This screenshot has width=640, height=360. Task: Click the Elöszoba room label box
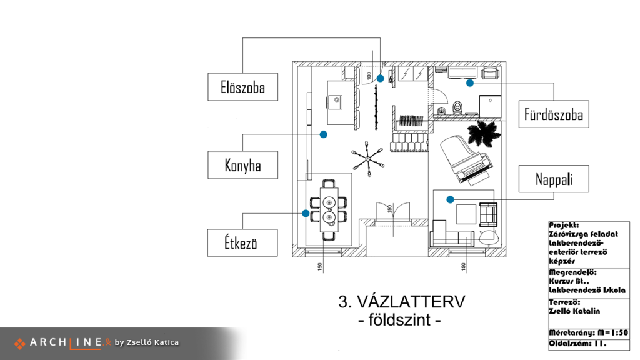point(243,87)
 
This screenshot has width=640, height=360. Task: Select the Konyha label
point(243,165)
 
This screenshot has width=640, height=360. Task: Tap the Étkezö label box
point(242,243)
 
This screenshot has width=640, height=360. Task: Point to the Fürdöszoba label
point(554,114)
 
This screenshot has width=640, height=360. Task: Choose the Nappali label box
point(554,179)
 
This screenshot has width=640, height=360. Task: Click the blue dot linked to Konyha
point(324,134)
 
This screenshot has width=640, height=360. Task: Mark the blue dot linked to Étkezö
point(306,213)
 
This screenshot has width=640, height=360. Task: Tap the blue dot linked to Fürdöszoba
point(470,83)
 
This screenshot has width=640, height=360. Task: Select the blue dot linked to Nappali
point(450,199)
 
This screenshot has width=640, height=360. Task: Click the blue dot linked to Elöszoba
point(381,78)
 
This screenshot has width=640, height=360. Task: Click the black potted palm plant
point(484,133)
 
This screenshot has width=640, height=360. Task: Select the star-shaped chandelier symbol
point(367,158)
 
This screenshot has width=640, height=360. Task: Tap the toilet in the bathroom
point(457,107)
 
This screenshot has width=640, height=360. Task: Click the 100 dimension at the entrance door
point(369,76)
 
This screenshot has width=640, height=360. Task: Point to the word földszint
point(399,320)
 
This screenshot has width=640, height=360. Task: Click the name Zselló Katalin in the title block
point(574,311)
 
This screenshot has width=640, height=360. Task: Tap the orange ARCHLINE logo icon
point(19,344)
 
